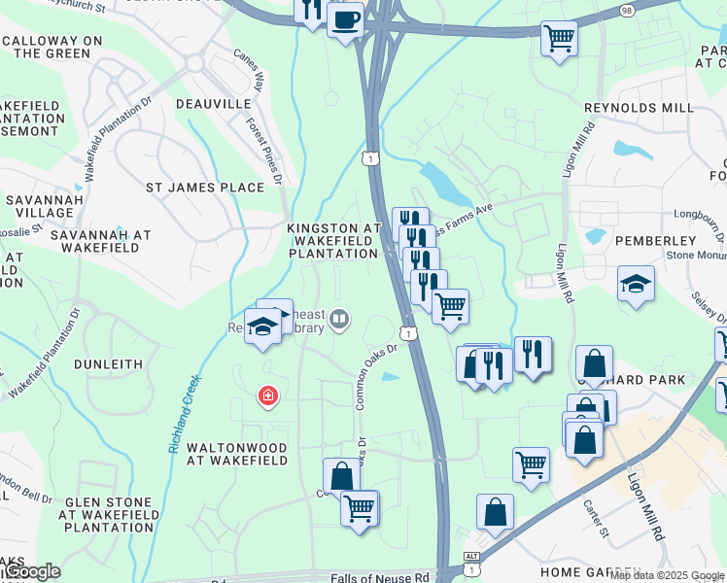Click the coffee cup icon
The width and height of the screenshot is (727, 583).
coord(345,18)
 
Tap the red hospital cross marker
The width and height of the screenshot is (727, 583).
coord(265,395)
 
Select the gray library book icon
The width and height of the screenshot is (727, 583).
coord(339,318)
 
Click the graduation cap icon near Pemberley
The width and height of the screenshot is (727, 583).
coord(636,283)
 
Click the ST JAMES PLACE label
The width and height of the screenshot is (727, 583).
coord(204,188)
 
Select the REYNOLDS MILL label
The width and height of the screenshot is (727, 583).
coord(639,108)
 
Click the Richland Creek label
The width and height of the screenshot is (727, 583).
coord(185,414)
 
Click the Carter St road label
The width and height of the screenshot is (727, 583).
coord(595,517)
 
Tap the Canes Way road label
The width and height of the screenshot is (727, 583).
coord(248,69)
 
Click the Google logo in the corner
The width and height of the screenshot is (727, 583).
coord(33,571)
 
